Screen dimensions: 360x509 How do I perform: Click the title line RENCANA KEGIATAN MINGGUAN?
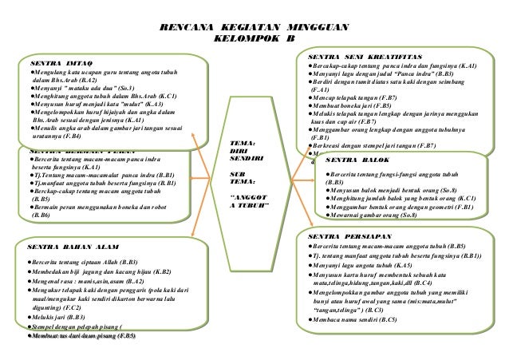[254, 26]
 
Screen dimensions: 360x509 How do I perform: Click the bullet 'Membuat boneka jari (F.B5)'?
[354, 105]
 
